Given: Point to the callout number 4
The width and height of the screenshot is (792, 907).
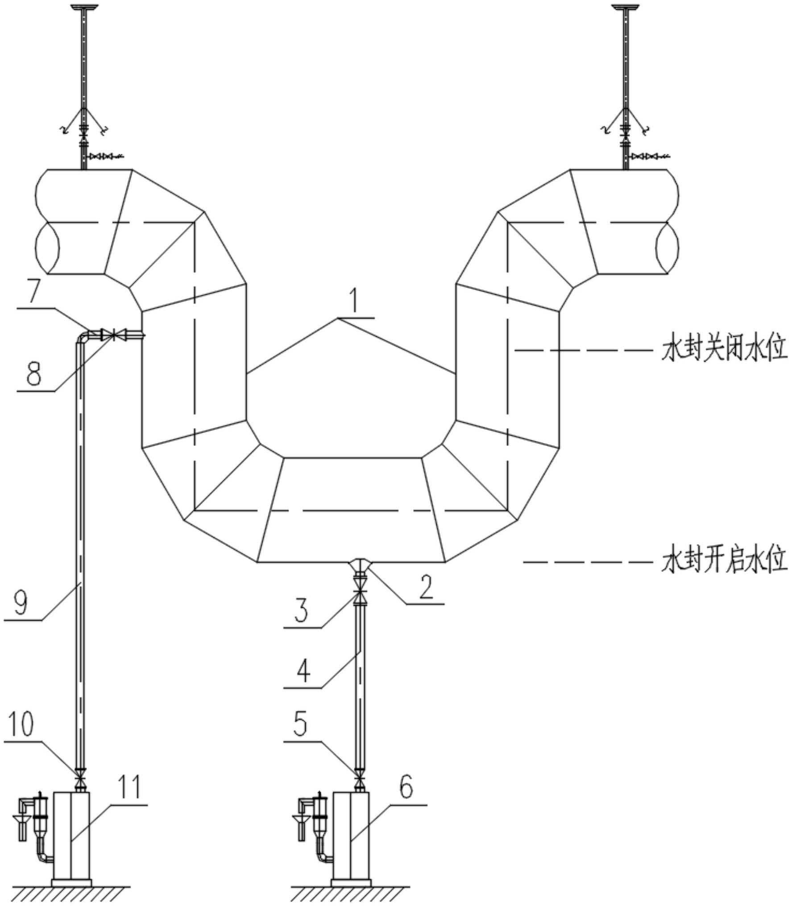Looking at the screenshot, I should coord(303,672).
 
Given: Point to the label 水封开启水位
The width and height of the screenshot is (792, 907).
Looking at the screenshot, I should coord(723,561).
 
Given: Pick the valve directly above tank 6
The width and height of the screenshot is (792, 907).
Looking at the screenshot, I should coord(360,781).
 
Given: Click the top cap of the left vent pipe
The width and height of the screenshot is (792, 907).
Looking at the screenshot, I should coord(83,7).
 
